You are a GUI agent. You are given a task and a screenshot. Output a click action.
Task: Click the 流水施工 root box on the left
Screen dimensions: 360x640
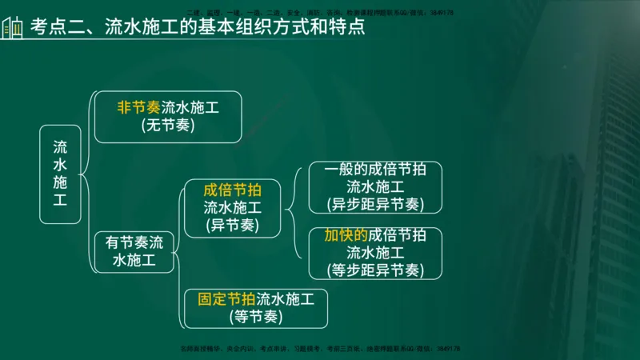coord(61,174)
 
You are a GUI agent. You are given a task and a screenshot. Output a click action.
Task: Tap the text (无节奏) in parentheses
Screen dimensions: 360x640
coord(168,126)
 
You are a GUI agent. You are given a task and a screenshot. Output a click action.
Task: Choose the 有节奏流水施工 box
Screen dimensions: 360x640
coord(134,251)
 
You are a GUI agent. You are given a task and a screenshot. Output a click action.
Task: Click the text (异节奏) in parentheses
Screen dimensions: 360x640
coord(232,226)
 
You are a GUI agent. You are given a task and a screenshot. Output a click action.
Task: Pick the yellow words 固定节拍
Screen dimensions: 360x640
coord(226,299)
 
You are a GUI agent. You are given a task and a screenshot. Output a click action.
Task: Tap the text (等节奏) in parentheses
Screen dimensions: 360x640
coord(255,317)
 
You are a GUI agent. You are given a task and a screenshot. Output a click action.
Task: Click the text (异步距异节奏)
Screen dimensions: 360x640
coord(375,204)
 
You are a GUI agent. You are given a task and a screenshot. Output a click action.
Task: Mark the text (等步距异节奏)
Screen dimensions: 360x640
coord(375,270)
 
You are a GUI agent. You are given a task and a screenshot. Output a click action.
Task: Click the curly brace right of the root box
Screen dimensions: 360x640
coord(86,174)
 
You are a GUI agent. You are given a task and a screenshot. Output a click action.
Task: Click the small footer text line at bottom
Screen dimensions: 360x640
coord(320,349)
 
